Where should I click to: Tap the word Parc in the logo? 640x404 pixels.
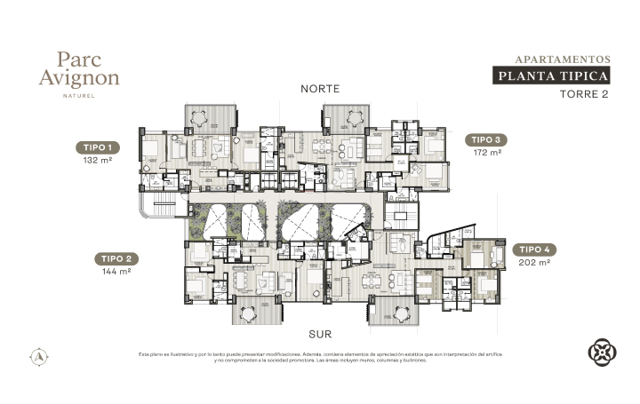(78, 59)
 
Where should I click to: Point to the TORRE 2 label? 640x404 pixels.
(583, 94)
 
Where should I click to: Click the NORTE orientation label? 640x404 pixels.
(320, 89)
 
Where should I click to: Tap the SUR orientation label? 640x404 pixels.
(320, 336)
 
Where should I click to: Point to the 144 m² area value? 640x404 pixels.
(116, 272)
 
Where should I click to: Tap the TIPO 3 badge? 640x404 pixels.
(488, 140)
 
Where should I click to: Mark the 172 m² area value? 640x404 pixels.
(488, 153)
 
